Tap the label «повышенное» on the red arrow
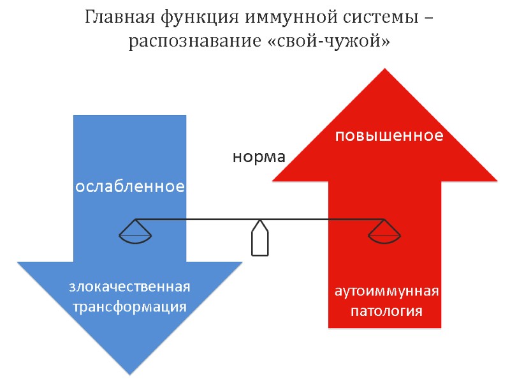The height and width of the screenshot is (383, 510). pyautogui.click(x=389, y=136)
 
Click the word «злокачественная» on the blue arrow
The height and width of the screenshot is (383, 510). pyautogui.click(x=130, y=287)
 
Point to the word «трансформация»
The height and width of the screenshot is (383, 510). pyautogui.click(x=130, y=306)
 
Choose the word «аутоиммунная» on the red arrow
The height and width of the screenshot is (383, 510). pyautogui.click(x=387, y=292)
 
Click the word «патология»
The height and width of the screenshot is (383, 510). pyautogui.click(x=387, y=312)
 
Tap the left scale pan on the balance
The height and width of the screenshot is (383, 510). pyautogui.click(x=135, y=234)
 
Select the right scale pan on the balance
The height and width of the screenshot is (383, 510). pyautogui.click(x=385, y=234)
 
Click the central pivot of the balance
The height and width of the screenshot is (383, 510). pyautogui.click(x=259, y=239)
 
